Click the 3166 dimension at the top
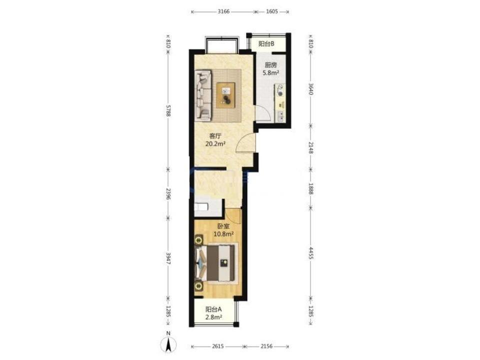(223, 11)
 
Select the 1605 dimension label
(272, 11)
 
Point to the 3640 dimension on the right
(310, 89)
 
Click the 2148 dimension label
(310, 147)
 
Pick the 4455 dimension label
(310, 253)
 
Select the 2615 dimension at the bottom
(217, 346)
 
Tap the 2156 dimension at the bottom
(266, 346)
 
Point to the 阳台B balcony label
(266, 44)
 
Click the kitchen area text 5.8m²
(271, 73)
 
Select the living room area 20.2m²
(215, 143)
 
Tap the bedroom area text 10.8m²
(224, 234)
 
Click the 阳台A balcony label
(213, 309)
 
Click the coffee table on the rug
(226, 95)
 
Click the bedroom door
(233, 215)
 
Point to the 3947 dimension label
(168, 258)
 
